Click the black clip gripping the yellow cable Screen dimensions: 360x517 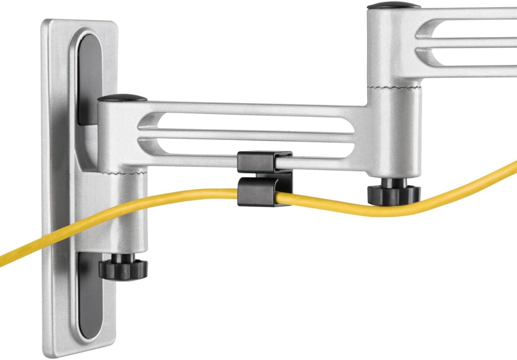(257, 190)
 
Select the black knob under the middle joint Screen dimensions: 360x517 (394, 192)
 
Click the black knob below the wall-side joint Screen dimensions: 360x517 (123, 267)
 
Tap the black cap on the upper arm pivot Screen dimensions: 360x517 (393, 6)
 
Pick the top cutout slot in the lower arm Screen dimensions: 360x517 (247, 121)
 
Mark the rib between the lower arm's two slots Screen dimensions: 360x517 (247, 134)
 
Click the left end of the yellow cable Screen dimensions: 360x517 (5, 259)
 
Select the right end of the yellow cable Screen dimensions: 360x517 (512, 167)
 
